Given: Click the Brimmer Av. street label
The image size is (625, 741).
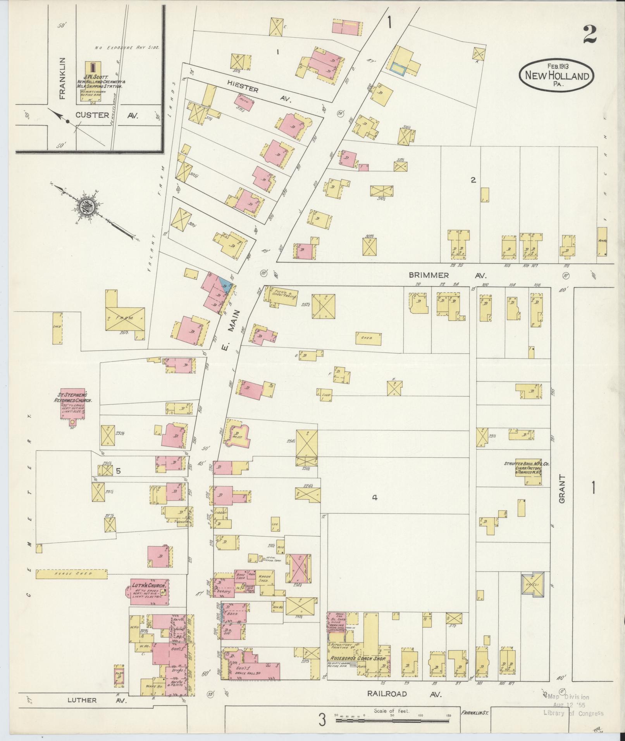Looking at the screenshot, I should pyautogui.click(x=447, y=275).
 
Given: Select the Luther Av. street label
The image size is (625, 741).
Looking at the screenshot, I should pyautogui.click(x=97, y=700).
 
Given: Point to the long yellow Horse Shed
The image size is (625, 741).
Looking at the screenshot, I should pyautogui.click(x=71, y=574).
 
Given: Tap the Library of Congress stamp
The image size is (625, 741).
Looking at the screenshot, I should pyautogui.click(x=573, y=707).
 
